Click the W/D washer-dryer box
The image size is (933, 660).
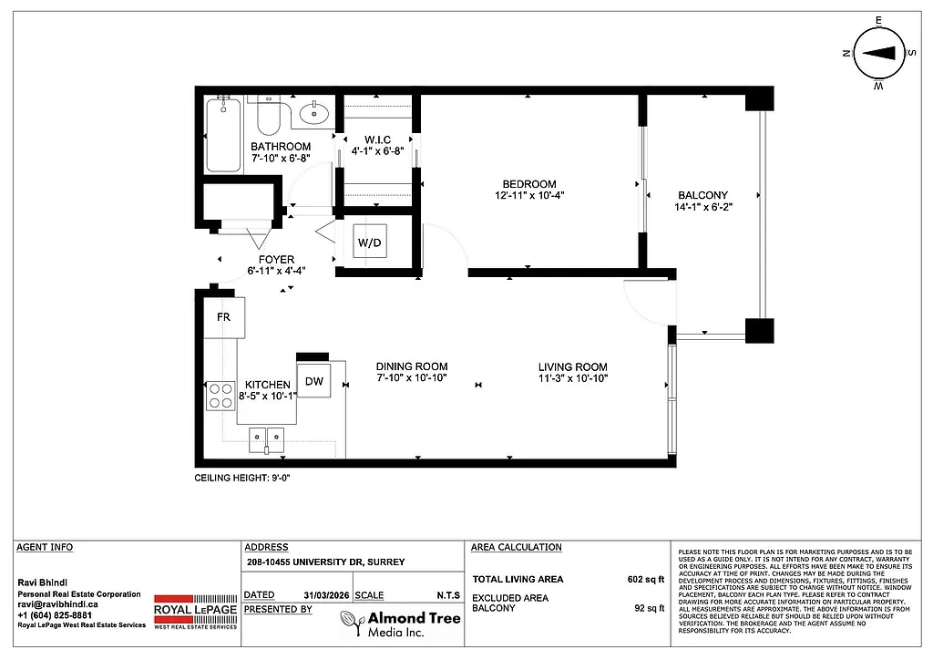[x=370, y=242]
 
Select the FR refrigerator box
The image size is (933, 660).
[x=222, y=317]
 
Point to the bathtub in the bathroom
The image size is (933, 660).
[x=223, y=135]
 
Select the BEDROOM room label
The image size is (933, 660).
[x=526, y=184]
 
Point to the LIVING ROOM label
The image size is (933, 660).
[x=572, y=366]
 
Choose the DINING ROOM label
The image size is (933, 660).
[x=412, y=366]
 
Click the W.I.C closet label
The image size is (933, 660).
[x=377, y=139]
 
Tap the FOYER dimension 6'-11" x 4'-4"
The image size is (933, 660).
[x=276, y=271]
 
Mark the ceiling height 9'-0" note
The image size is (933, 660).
[x=242, y=479]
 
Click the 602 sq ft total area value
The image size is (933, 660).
[x=646, y=579]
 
